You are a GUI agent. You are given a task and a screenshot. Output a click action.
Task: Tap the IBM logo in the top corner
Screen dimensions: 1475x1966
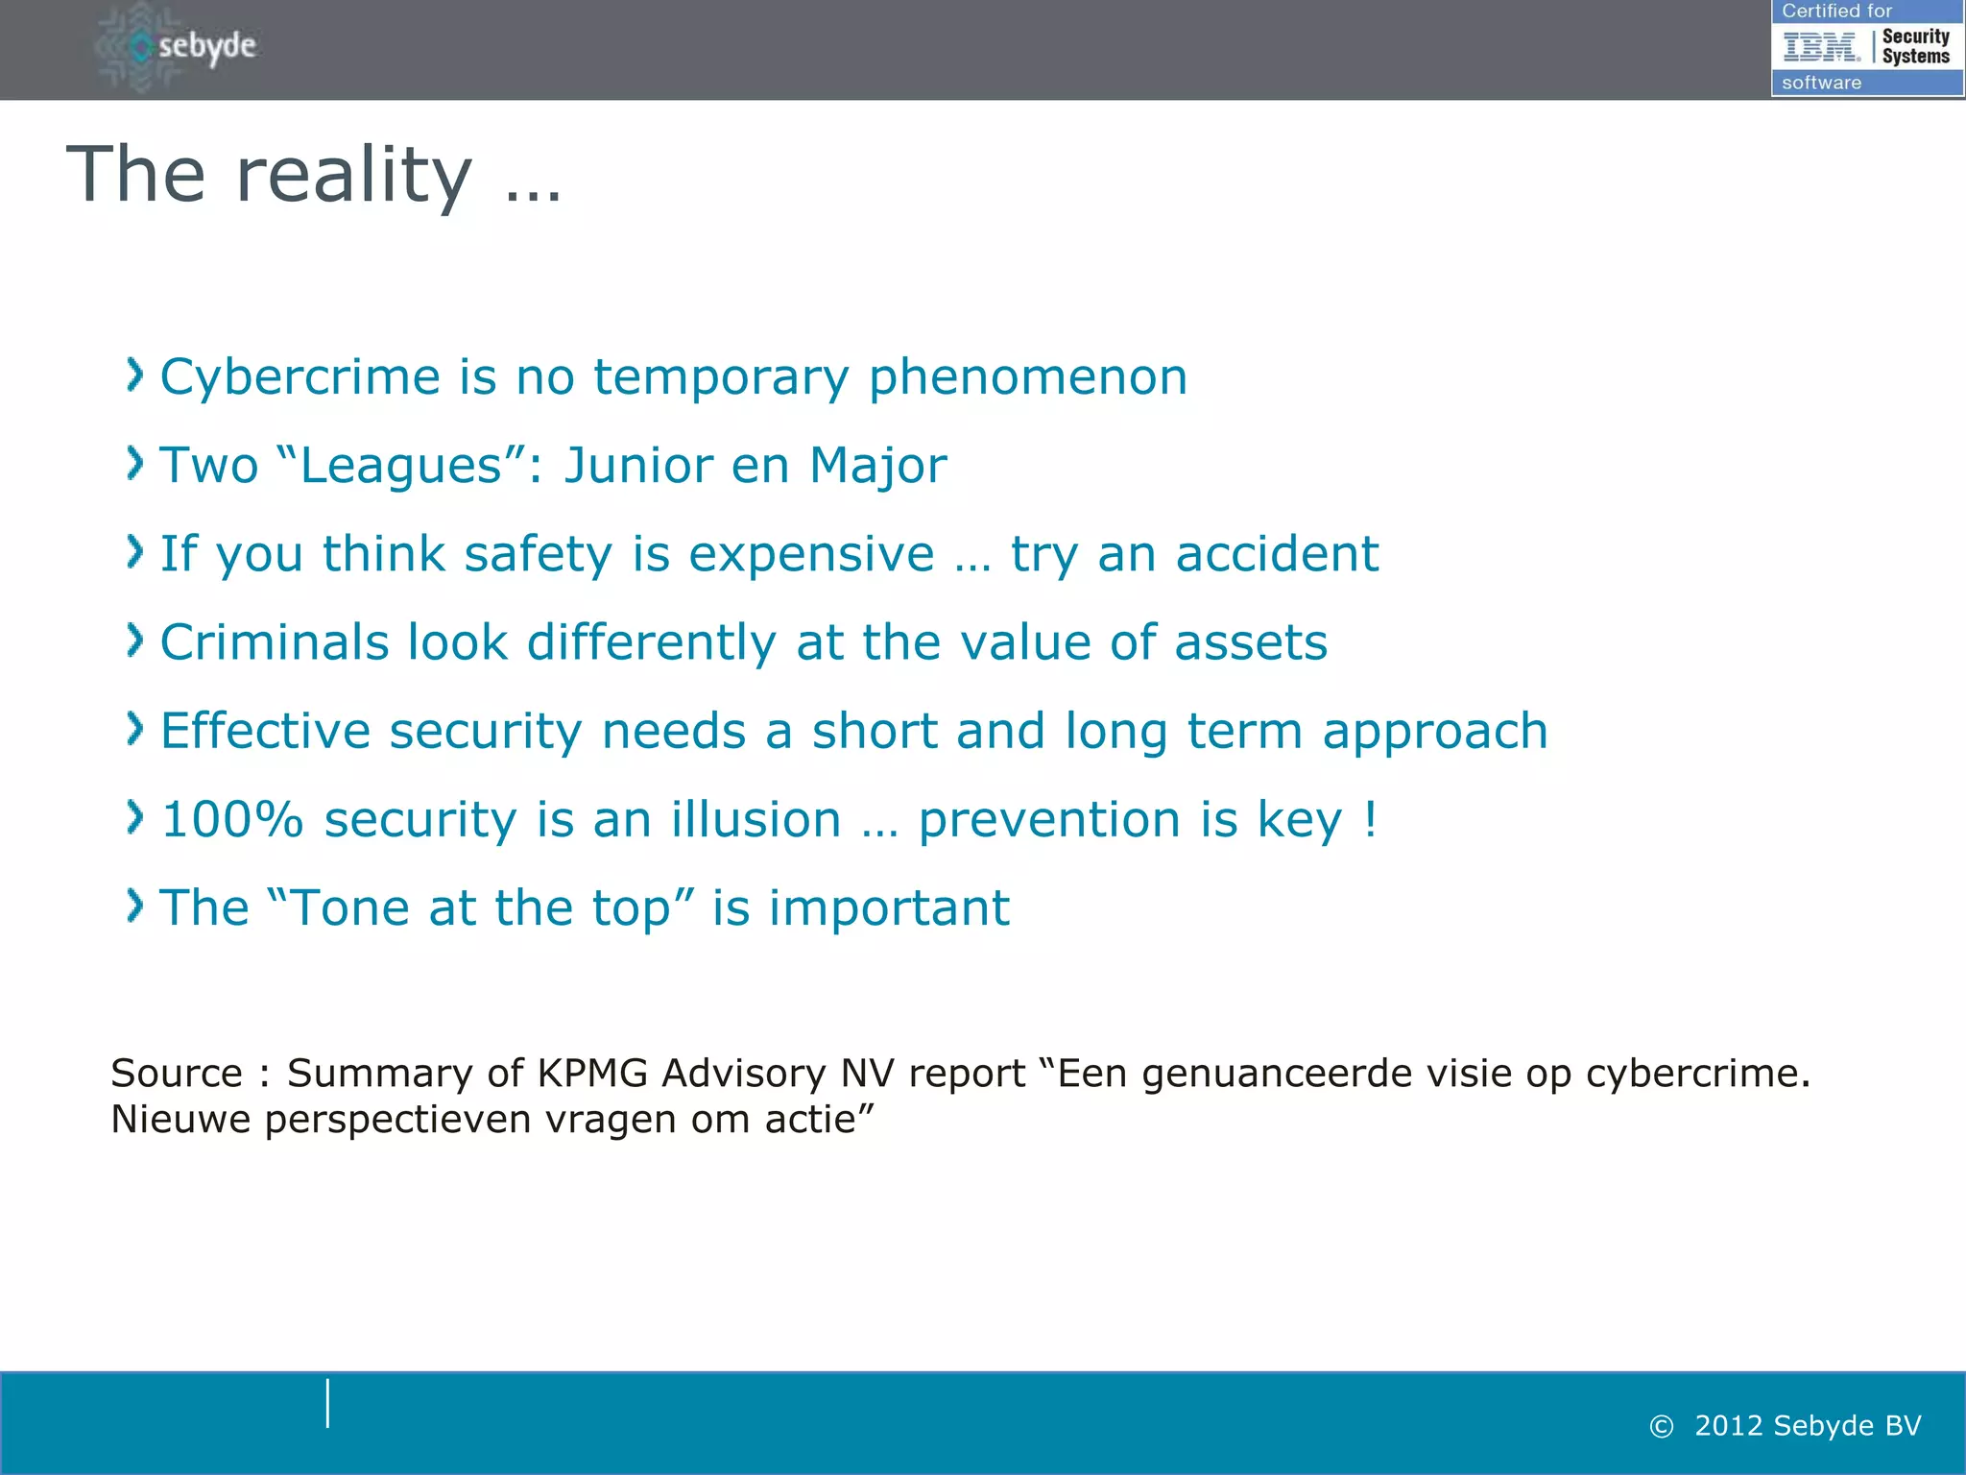point(1821,46)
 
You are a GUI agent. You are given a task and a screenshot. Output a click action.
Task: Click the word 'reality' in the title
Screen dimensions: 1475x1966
point(353,175)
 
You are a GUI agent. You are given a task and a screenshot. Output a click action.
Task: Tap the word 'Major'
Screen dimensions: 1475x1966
point(877,466)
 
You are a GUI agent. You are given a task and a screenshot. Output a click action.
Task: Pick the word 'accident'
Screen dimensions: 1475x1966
point(1277,554)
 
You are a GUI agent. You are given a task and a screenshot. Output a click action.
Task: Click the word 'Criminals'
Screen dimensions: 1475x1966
point(274,642)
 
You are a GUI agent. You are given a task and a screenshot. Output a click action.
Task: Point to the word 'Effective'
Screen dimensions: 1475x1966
point(265,731)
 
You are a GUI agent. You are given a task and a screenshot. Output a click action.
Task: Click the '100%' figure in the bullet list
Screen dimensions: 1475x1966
point(232,820)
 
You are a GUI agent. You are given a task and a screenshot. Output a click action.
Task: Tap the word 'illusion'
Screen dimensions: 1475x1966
point(755,820)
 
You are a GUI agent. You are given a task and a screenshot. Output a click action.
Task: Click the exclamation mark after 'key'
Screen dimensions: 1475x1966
point(1370,820)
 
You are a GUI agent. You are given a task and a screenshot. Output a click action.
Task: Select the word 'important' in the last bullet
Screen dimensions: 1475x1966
point(889,908)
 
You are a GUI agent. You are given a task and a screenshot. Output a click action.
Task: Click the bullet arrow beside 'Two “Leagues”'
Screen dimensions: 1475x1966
point(135,464)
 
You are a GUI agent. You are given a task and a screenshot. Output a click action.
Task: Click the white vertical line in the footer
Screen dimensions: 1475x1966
point(327,1403)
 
